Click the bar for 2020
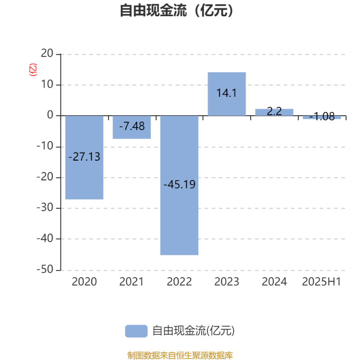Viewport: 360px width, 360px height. coord(84,157)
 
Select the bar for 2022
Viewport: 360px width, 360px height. coord(179,185)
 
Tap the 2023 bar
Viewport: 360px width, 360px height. coord(227,94)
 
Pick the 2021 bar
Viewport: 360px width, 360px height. coord(132,127)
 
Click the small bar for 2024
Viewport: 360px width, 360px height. coord(274,112)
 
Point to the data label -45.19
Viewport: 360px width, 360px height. coord(179,184)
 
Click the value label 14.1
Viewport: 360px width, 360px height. coord(227,93)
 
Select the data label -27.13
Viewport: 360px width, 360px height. coord(84,157)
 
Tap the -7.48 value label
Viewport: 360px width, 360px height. coord(132,126)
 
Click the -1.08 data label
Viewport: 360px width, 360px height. coord(322,117)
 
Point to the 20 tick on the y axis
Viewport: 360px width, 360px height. coord(47,54)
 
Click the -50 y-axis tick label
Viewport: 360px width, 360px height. coord(45,269)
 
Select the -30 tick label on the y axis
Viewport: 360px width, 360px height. coord(45,207)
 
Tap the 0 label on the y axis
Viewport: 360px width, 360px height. coord(50,115)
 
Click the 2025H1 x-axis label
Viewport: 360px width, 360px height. coord(321,282)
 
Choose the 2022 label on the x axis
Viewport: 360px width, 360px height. coord(179,282)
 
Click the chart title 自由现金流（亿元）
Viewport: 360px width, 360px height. coord(176,10)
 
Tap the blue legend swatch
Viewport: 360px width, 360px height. coord(136,331)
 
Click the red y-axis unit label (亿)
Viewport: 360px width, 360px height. coord(33,70)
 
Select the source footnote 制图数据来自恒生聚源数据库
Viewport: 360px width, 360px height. coord(180,355)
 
